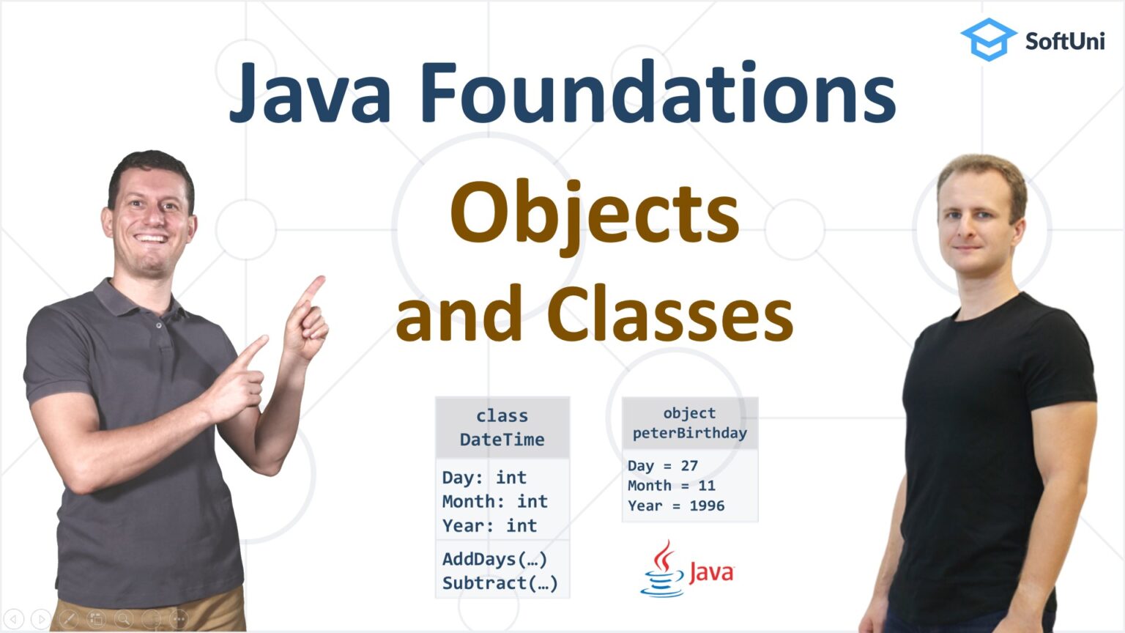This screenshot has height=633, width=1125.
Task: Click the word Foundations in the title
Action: click(657, 93)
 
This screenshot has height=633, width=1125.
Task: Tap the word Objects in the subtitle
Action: click(594, 214)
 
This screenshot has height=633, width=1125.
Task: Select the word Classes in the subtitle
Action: click(669, 315)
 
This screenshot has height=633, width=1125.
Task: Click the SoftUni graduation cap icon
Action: click(988, 40)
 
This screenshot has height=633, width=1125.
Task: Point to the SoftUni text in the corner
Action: click(1064, 41)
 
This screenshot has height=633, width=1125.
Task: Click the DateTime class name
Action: click(502, 440)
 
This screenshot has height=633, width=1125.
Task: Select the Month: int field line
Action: click(494, 502)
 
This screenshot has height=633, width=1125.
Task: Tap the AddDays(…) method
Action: click(494, 560)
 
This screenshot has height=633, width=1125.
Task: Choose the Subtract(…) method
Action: click(500, 584)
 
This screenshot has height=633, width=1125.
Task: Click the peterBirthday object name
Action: click(689, 434)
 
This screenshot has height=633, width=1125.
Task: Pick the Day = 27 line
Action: click(662, 466)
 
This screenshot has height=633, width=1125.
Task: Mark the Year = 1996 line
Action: click(675, 506)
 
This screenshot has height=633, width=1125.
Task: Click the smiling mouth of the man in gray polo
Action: click(152, 238)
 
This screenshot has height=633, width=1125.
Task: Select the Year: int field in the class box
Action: click(489, 526)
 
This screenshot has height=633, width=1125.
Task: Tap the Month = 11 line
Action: click(671, 486)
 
